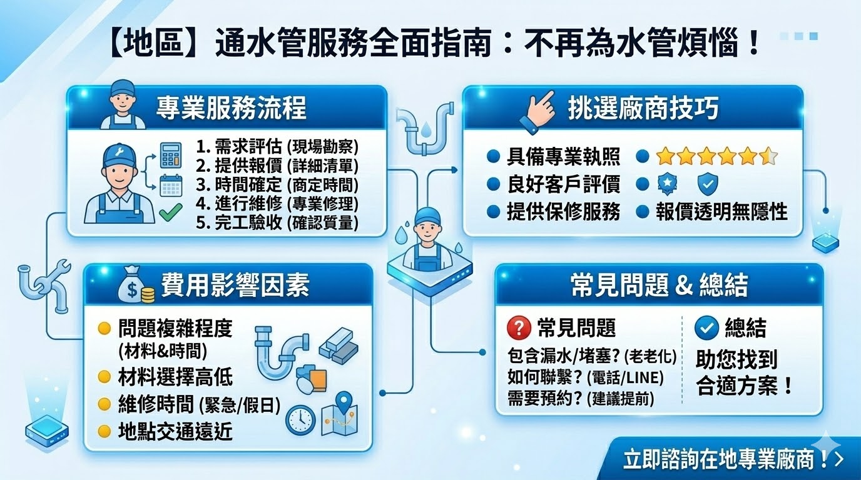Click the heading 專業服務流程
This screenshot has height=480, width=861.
tap(231, 108)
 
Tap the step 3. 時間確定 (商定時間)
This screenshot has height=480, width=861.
tap(277, 184)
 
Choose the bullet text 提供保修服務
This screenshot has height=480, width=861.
tap(563, 211)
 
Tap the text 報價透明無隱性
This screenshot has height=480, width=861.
tap(721, 211)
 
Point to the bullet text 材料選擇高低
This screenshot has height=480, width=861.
tap(175, 377)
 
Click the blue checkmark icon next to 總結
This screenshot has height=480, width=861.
tap(706, 327)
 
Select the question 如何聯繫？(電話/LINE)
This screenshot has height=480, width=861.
tap(586, 378)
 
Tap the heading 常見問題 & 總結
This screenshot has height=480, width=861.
tap(659, 286)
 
